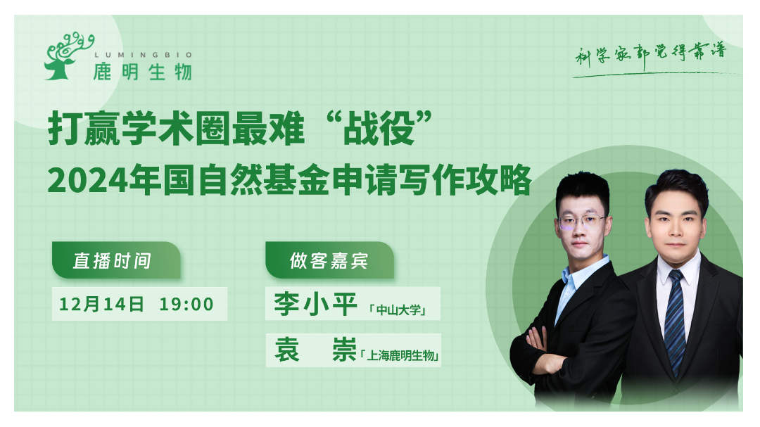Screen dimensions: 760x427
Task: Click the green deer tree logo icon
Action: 68,56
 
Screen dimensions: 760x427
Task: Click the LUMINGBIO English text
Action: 144,56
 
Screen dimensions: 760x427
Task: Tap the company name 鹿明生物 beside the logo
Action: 142,72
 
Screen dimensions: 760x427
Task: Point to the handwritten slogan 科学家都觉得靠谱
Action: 651,54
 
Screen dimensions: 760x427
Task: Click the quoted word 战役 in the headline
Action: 379,129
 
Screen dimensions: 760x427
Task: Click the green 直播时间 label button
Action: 116,260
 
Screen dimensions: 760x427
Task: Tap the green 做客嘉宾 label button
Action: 329,260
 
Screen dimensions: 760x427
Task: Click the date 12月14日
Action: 102,304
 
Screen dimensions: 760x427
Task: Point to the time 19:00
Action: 186,305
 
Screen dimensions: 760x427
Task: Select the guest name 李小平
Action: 315,304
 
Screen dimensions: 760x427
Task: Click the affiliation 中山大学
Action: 398,310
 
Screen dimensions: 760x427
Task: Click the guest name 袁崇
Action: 315,350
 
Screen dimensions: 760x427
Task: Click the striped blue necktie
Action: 675,321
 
